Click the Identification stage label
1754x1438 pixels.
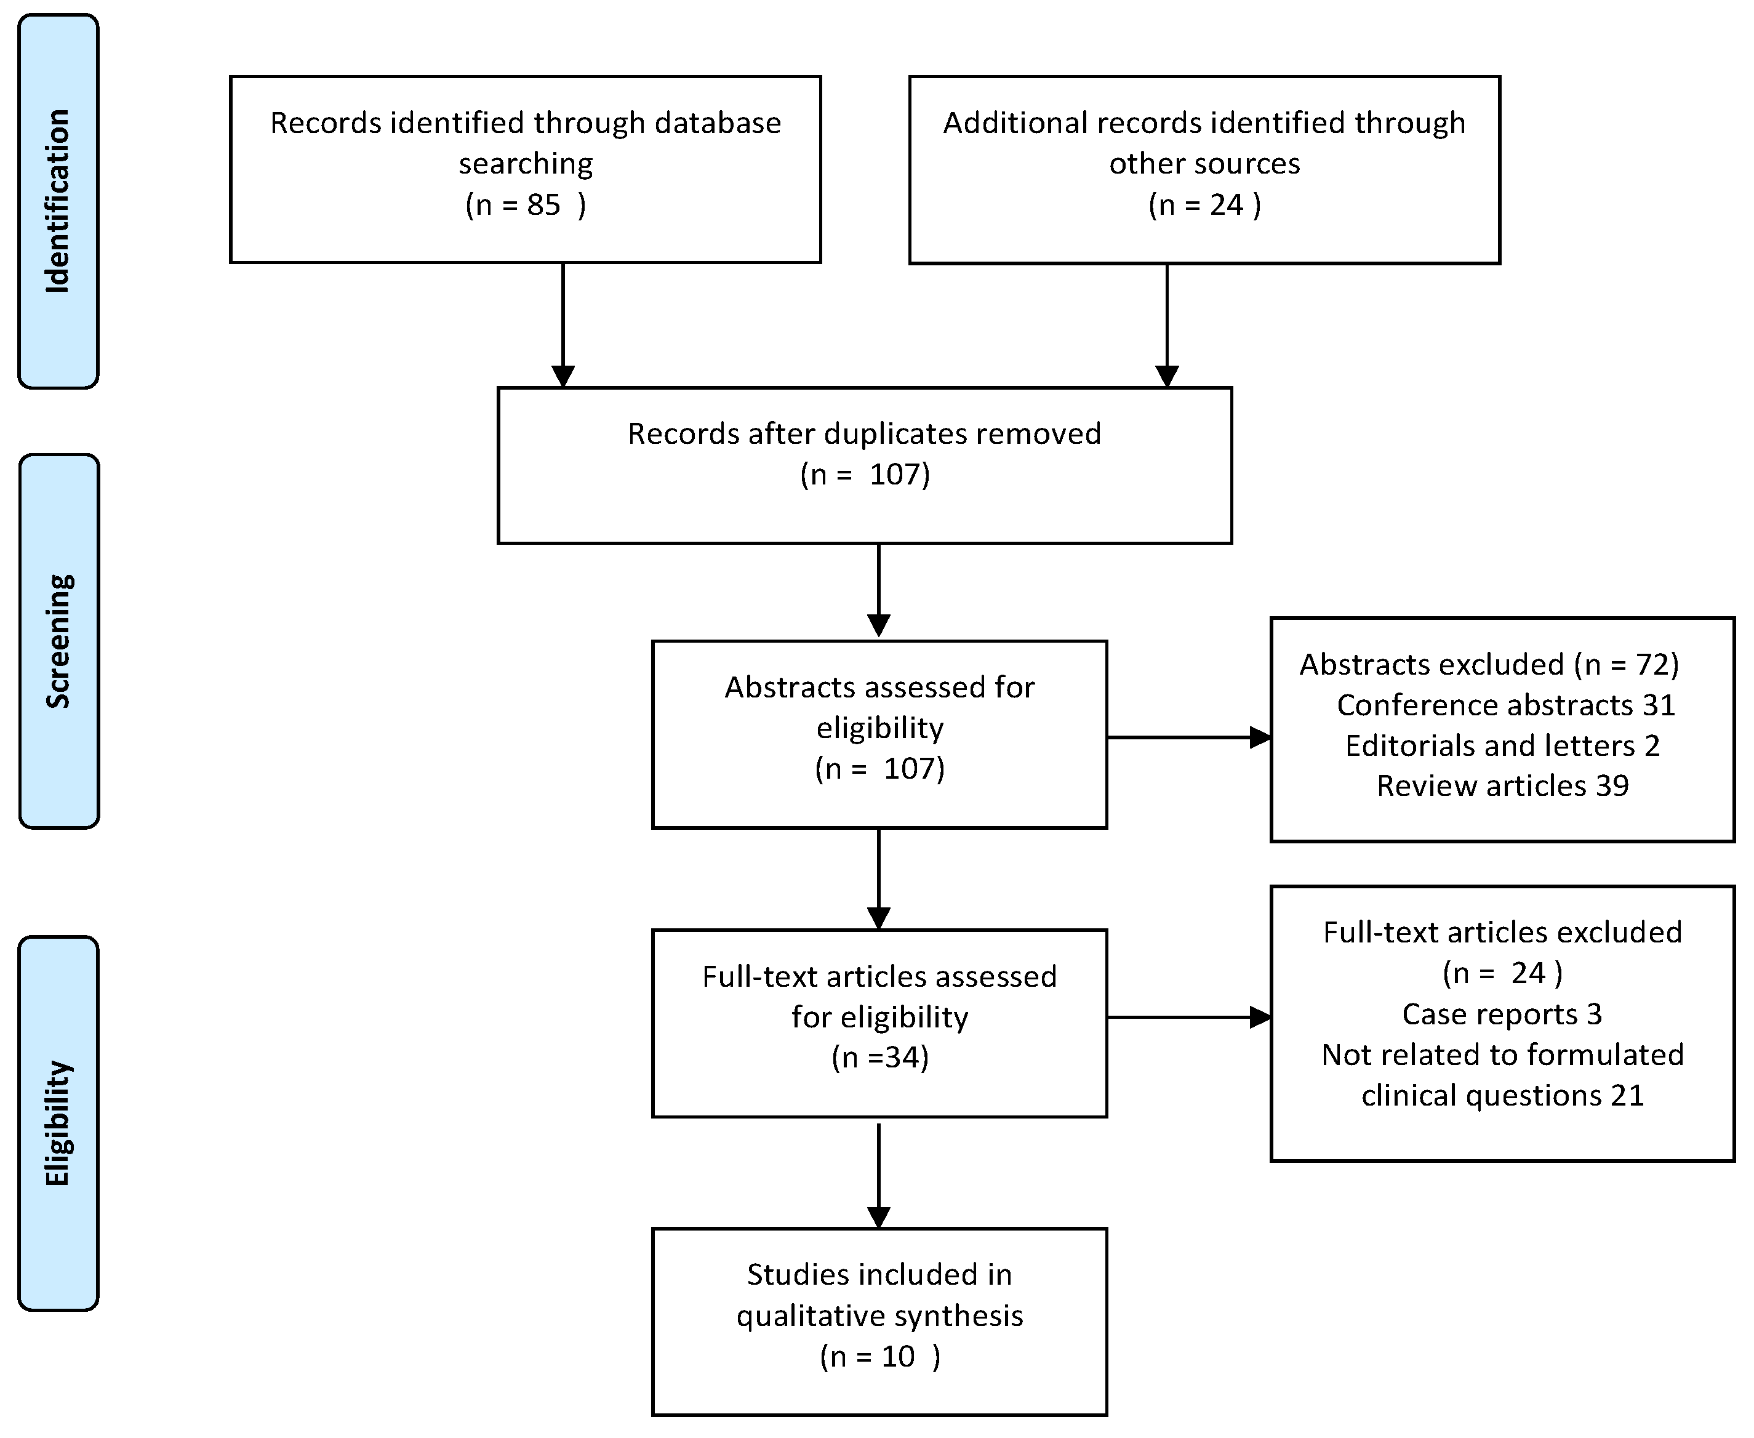(57, 201)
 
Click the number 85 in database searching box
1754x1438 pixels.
(543, 204)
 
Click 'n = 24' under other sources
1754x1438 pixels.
(1204, 204)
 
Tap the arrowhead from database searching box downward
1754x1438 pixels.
(563, 376)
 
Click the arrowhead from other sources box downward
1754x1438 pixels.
(1167, 376)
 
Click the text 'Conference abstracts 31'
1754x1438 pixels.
(1505, 705)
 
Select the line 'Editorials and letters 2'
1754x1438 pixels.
(1502, 745)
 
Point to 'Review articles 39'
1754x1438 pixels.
(1502, 785)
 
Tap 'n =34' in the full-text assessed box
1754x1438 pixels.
(879, 1057)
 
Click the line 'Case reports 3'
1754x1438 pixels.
(1502, 1014)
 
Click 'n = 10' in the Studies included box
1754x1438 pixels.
(879, 1356)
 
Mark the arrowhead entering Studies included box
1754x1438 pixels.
(879, 1217)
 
